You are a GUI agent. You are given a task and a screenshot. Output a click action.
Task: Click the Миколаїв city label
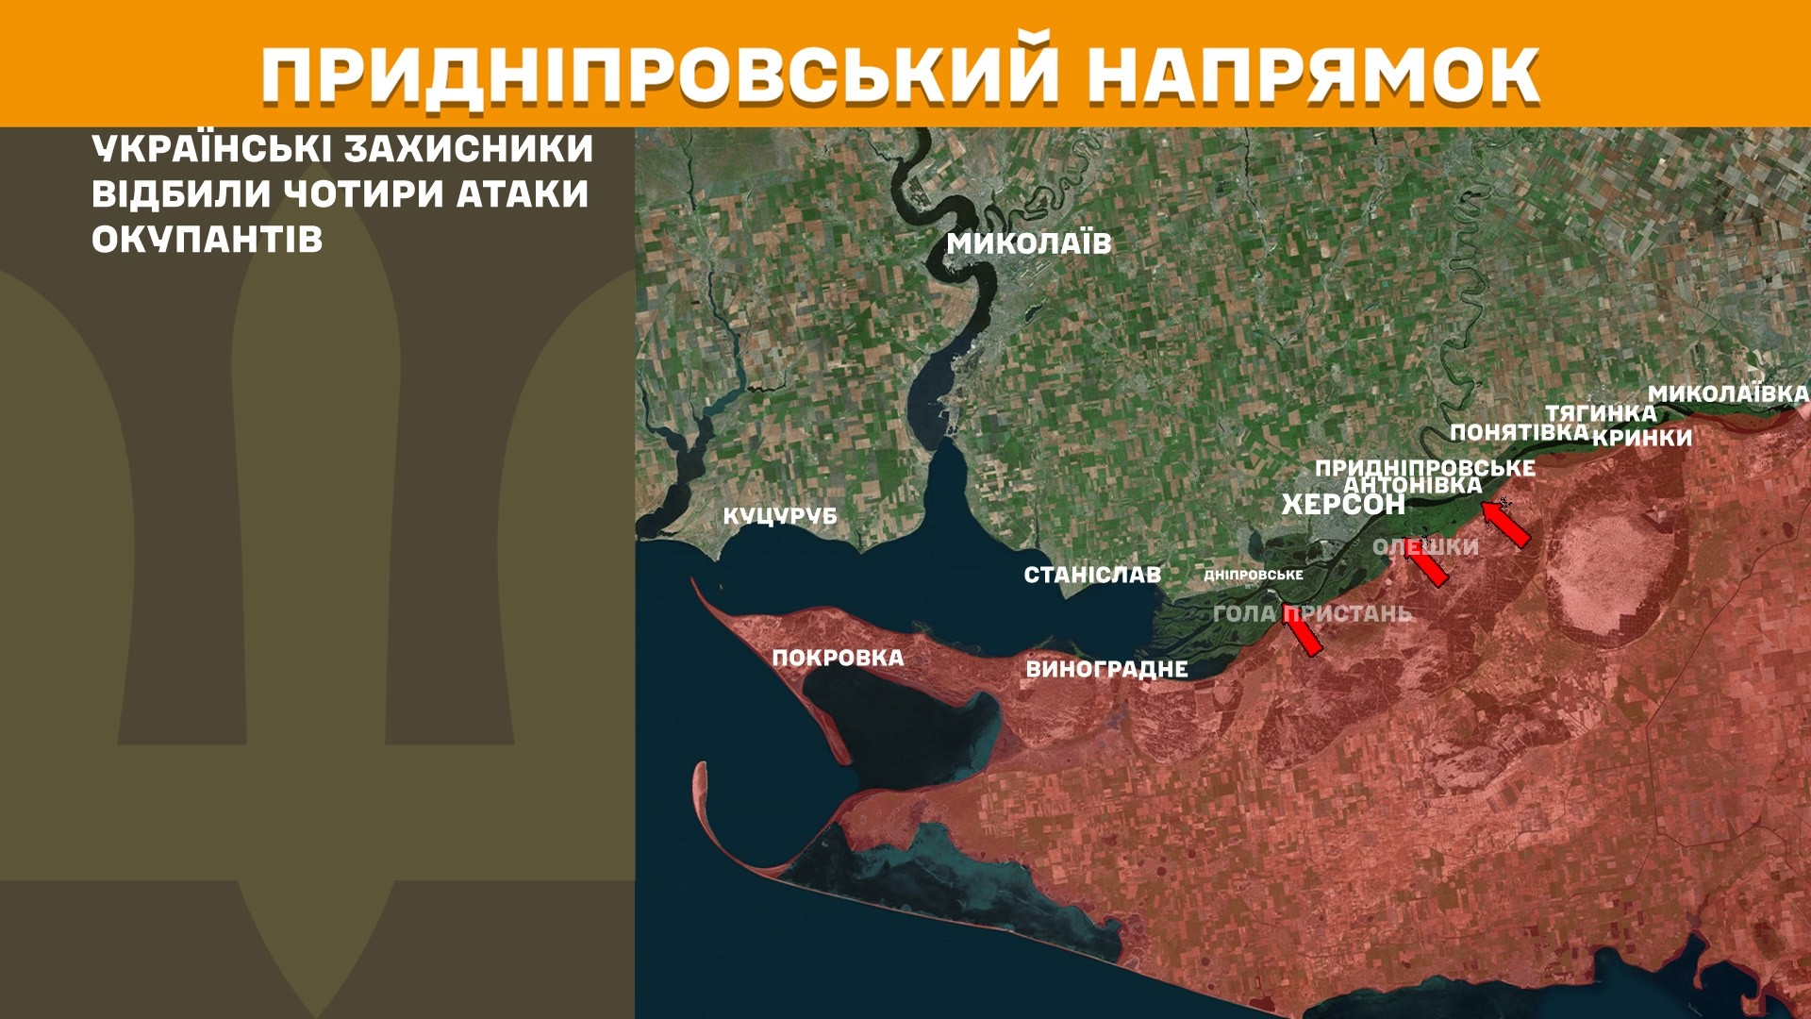1029,243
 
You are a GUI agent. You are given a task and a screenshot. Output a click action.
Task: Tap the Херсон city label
1342,505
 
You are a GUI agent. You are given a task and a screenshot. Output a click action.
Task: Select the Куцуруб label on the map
780,516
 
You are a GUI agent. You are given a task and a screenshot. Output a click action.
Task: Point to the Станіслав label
1092,575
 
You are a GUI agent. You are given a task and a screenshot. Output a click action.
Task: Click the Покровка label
838,658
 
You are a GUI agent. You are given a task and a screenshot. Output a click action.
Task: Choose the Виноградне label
1106,669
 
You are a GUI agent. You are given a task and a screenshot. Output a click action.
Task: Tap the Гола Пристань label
1312,613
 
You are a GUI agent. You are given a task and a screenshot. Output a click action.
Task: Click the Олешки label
1425,546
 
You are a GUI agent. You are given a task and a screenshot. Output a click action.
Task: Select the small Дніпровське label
1254,575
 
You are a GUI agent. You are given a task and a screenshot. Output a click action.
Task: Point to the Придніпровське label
1424,467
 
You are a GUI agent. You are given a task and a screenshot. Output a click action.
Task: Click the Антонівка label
1413,485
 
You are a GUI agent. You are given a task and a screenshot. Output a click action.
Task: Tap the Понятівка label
1520,432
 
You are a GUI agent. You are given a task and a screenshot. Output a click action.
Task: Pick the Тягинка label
1601,412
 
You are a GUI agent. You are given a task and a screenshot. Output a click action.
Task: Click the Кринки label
1642,438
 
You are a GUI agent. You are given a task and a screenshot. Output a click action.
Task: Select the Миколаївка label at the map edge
1728,393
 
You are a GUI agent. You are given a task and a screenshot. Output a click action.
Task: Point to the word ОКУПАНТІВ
208,240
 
